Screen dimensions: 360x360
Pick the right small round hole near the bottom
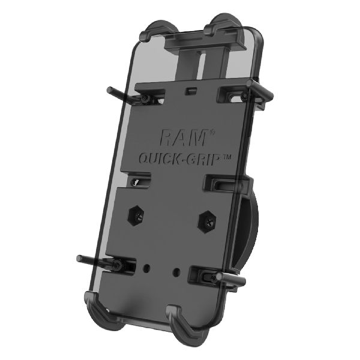coord(175,271)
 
